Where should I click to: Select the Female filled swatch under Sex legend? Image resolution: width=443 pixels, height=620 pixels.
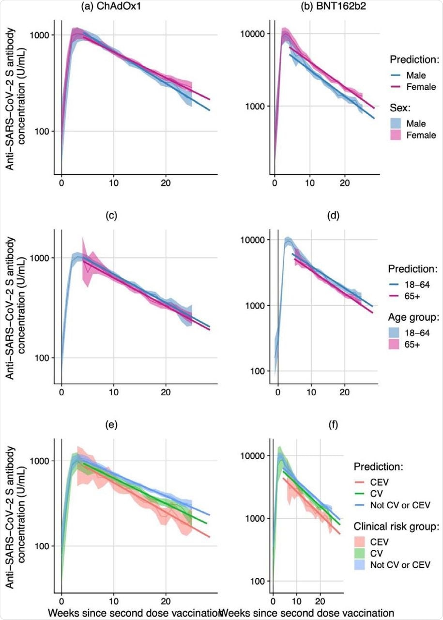coord(399,135)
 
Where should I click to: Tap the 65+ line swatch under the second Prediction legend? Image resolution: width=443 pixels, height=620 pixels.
coord(399,297)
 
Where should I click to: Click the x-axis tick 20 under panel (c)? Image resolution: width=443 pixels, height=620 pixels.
coord(166,391)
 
